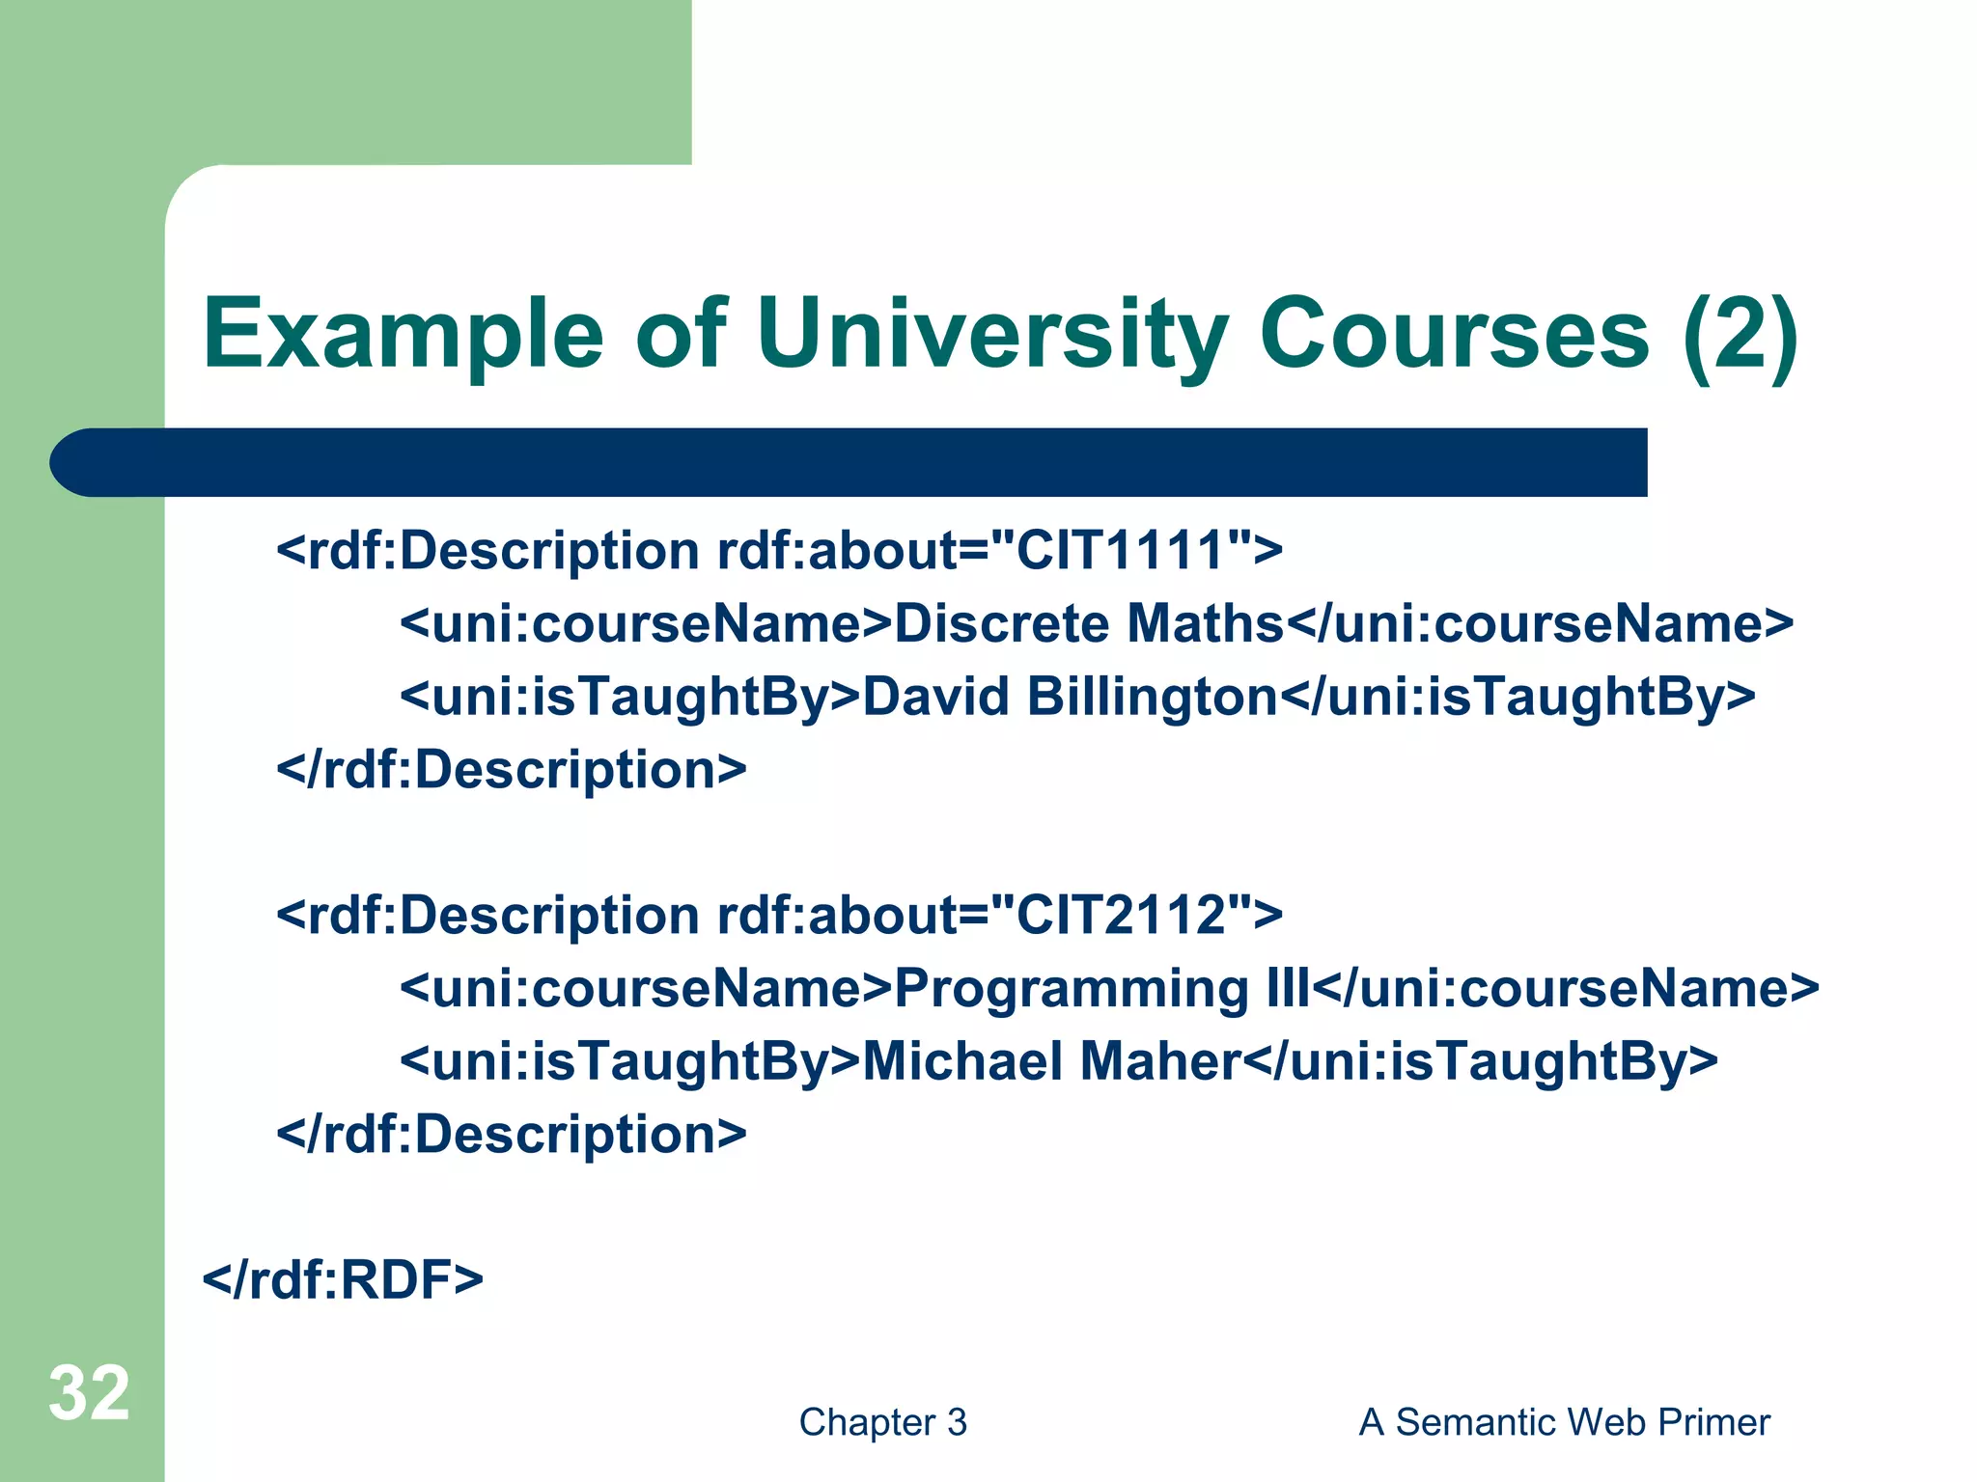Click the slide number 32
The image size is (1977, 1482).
coord(89,1393)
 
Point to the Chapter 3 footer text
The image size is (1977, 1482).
coord(882,1422)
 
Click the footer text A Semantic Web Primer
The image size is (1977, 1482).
coord(1564,1422)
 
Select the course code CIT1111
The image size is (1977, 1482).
coord(1121,551)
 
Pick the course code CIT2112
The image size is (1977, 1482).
coord(1121,915)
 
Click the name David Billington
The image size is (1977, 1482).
coord(1070,697)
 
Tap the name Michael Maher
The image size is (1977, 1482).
coord(1051,1060)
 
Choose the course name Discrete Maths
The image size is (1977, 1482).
coord(1089,624)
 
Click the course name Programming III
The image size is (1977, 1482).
coord(1101,988)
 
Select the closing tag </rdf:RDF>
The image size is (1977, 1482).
coord(343,1279)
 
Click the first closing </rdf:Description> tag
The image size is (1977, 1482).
coord(512,770)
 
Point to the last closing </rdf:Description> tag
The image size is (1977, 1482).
coord(512,1134)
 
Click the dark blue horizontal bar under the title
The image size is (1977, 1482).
coord(849,462)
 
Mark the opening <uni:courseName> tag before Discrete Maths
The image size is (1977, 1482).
coord(646,624)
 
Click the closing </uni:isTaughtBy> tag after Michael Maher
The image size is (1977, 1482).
coord(1480,1060)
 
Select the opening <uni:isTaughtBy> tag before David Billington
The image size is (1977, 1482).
coord(629,697)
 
